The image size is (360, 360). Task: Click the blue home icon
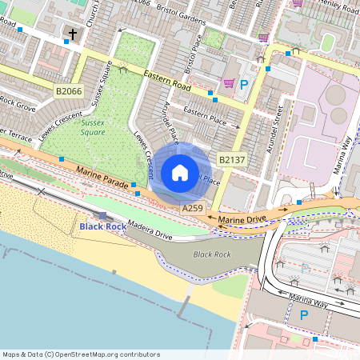(x=180, y=173)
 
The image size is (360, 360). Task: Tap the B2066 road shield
(x=69, y=92)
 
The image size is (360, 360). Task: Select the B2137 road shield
(x=232, y=160)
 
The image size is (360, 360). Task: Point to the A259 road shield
(x=192, y=208)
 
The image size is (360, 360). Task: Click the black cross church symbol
(x=73, y=34)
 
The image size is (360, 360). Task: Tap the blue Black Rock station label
(x=102, y=227)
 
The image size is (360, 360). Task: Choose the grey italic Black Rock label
(x=212, y=254)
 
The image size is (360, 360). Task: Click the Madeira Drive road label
(x=150, y=234)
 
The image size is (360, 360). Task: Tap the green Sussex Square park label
(x=93, y=128)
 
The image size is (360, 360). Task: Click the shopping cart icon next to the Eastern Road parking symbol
(x=229, y=83)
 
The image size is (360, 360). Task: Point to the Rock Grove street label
(x=18, y=103)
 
